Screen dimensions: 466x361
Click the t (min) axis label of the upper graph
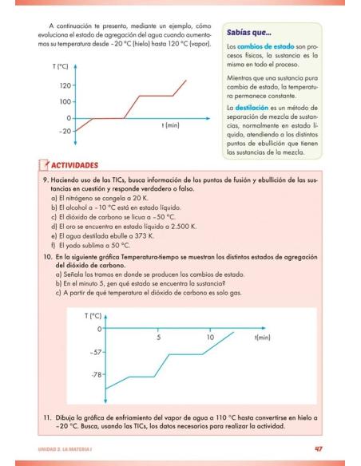(170, 125)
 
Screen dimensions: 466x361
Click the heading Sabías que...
(249, 34)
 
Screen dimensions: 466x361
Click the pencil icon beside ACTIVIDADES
(44, 164)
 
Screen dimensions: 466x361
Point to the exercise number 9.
(46, 181)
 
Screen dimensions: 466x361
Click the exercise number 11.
(48, 417)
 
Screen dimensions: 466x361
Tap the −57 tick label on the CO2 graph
(97, 352)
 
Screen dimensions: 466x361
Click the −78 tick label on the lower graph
(97, 374)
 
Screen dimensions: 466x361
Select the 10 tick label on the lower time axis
(210, 338)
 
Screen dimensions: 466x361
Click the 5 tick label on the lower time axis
(158, 338)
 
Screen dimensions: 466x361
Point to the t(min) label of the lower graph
(262, 338)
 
